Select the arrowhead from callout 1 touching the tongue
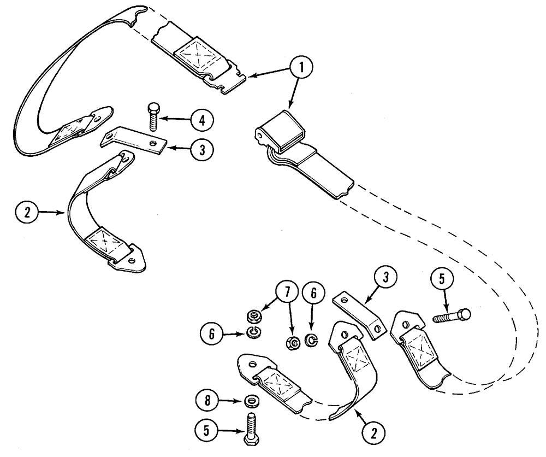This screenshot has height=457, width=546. click(x=248, y=77)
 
